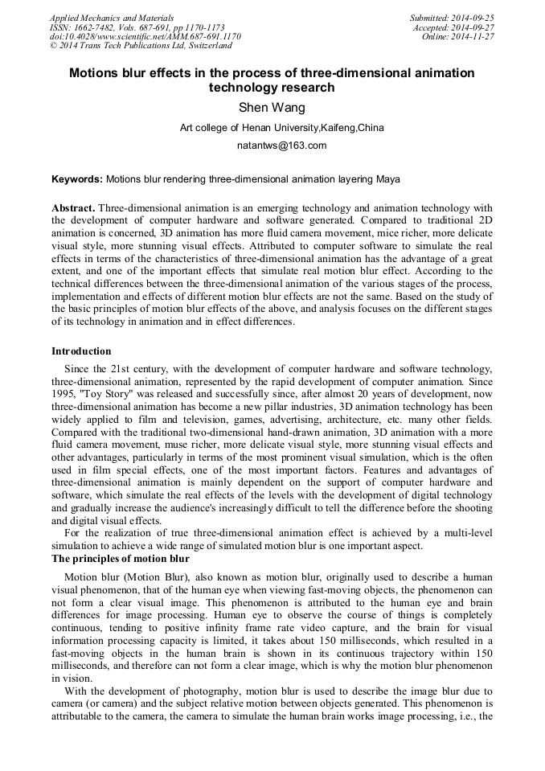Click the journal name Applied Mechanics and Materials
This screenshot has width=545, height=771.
pos(111,17)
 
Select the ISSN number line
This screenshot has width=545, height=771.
pos(137,27)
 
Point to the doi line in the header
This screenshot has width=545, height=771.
pos(145,36)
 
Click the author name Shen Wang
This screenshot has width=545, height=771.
pos(272,107)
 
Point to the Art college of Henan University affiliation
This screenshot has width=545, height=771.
pos(281,127)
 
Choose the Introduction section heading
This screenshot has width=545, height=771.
pos(81,351)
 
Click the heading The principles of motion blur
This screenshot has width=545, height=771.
pos(121,559)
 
